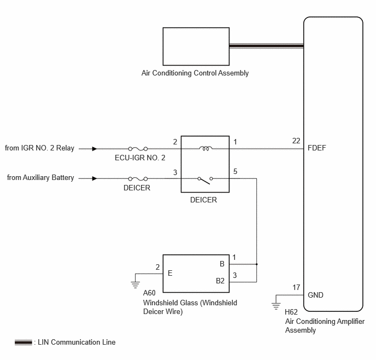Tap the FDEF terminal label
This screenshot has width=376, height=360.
click(x=317, y=148)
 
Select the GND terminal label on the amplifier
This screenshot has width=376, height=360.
click(x=315, y=295)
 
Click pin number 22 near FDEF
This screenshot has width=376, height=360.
click(x=296, y=141)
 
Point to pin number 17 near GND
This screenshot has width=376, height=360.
click(x=296, y=287)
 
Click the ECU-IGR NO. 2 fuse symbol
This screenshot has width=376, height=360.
click(x=138, y=149)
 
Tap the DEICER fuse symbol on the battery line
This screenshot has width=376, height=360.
click(x=138, y=178)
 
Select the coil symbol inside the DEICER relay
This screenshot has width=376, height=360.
click(x=205, y=149)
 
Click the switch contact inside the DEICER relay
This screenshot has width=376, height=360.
click(x=205, y=180)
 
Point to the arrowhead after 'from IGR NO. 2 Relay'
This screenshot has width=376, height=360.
click(x=95, y=149)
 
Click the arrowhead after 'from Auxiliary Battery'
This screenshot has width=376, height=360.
click(x=95, y=178)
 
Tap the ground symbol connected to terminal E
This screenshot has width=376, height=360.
click(x=135, y=285)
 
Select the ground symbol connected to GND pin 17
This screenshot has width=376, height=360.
click(x=276, y=306)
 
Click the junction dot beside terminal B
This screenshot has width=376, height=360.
click(x=256, y=264)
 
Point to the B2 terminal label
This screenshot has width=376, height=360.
click(x=220, y=281)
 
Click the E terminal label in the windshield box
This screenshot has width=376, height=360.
click(x=170, y=273)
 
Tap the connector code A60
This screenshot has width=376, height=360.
click(x=149, y=293)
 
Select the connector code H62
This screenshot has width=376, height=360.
click(x=291, y=312)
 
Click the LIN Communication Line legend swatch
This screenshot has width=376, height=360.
click(x=23, y=342)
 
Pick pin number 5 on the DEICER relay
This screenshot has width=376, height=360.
click(x=235, y=171)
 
